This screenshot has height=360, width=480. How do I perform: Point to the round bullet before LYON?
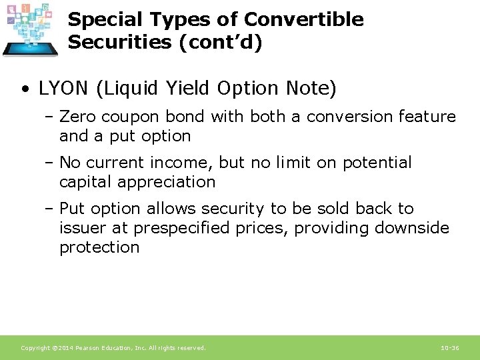coord(24,89)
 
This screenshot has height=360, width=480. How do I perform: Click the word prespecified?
coord(184,228)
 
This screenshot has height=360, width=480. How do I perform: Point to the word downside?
coord(412,228)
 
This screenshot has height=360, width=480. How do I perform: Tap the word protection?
coord(99,247)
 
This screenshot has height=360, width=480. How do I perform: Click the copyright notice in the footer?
coord(113,348)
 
